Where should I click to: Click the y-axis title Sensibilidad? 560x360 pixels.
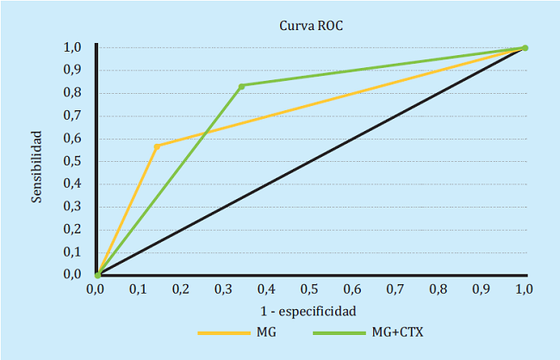pyautogui.click(x=37, y=166)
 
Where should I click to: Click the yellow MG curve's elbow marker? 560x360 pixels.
pyautogui.click(x=157, y=146)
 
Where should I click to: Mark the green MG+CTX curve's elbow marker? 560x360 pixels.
pyautogui.click(x=241, y=86)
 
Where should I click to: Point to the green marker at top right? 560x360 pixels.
pyautogui.click(x=525, y=48)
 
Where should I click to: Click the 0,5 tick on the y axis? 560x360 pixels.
pyautogui.click(x=73, y=161)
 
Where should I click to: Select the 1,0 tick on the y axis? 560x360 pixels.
pyautogui.click(x=73, y=47)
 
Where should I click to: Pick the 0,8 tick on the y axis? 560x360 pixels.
pyautogui.click(x=73, y=93)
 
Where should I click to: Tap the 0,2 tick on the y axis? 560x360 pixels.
pyautogui.click(x=73, y=229)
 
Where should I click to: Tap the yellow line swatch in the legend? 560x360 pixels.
pyautogui.click(x=223, y=332)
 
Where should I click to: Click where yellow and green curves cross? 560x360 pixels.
pyautogui.click(x=204, y=133)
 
